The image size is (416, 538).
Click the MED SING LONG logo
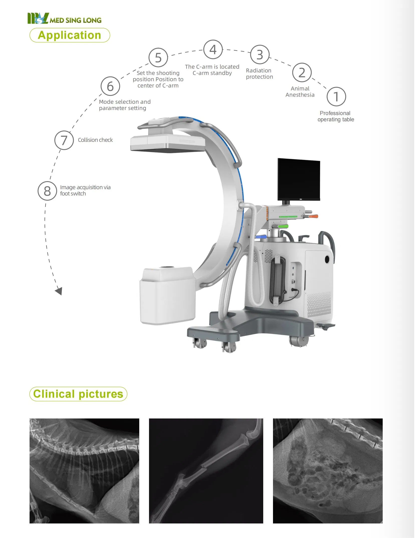pos(64,19)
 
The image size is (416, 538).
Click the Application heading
pos(70,35)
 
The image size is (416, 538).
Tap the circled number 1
pos(336,97)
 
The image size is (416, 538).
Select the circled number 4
pos(213,50)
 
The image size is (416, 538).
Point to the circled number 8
pos(47,191)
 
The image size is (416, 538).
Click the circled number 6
pos(110,86)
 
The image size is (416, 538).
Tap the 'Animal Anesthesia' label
pos(300,92)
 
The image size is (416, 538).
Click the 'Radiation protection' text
pos(259,74)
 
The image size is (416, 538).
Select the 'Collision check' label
pos(95,140)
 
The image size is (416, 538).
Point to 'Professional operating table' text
pos(336,116)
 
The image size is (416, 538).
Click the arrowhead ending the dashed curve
pos(59,291)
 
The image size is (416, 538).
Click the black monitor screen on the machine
pos(299,179)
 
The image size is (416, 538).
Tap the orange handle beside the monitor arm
pos(313,216)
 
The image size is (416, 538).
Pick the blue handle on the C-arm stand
pos(260,237)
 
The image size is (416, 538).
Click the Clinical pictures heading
pos(78,394)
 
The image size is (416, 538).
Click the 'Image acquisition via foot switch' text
pos(85,190)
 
